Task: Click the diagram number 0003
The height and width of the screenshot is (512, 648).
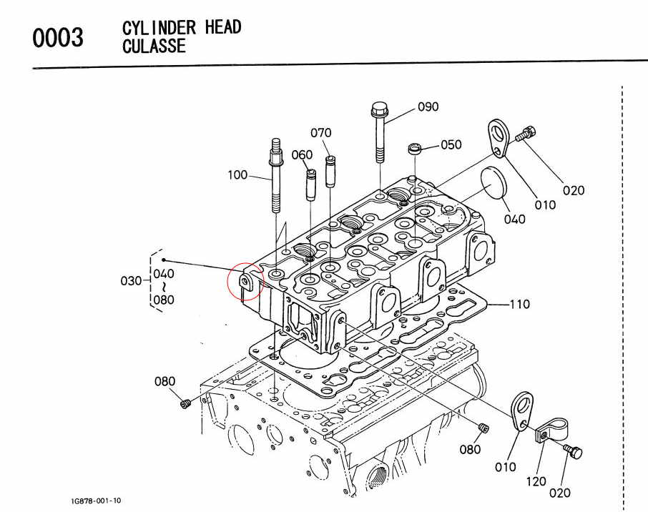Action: (x=58, y=38)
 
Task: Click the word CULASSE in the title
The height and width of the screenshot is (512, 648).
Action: (x=154, y=46)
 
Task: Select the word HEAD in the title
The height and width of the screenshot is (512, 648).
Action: (x=222, y=28)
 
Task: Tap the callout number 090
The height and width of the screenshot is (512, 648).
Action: (x=428, y=107)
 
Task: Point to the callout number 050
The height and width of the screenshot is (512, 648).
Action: (x=451, y=145)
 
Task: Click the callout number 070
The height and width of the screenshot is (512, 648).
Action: (x=321, y=133)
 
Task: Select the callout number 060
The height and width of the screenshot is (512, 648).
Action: (x=303, y=154)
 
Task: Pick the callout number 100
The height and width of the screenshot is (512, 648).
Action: (x=237, y=174)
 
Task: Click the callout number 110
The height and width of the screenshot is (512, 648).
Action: (x=520, y=305)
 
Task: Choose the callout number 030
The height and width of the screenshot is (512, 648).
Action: (x=132, y=281)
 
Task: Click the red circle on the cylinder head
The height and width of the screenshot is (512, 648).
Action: (x=245, y=281)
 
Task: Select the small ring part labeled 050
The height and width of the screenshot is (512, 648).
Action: (x=413, y=150)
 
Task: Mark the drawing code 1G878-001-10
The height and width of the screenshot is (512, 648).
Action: (x=91, y=501)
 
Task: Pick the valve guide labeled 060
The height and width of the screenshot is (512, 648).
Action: (x=311, y=185)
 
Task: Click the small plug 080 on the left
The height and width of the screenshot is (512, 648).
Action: (x=185, y=405)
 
